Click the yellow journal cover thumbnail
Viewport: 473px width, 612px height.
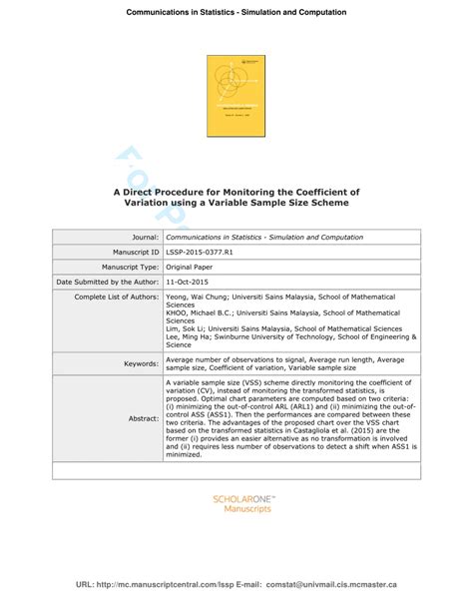[236, 96]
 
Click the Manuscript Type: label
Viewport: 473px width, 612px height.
[129, 268]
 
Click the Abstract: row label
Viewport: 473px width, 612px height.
[141, 418]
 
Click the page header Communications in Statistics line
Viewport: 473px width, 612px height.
[236, 12]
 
